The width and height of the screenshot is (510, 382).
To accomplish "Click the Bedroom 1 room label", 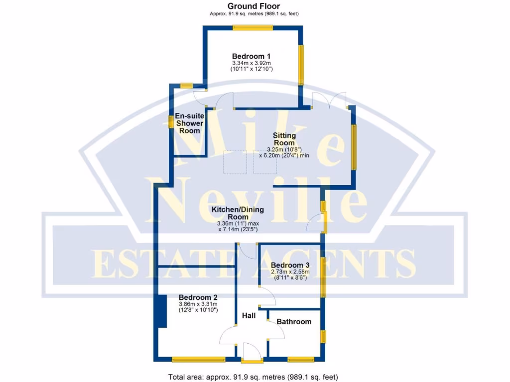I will click(251, 56).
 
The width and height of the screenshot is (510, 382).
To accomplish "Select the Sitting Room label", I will click(284, 139).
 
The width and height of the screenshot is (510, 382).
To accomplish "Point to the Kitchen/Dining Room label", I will click(238, 213).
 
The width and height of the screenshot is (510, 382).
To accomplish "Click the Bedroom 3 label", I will click(290, 265).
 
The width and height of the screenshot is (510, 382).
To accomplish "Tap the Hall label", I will click(249, 316).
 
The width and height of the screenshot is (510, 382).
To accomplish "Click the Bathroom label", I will click(294, 322).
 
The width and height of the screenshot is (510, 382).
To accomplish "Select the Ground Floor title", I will click(254, 6).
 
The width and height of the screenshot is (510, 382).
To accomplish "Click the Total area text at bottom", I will click(254, 377).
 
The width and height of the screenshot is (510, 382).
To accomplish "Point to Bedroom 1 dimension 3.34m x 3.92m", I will click(251, 64).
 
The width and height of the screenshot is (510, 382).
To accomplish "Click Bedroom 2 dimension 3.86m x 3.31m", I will click(198, 303).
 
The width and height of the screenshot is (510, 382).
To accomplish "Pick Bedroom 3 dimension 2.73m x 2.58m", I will click(290, 272).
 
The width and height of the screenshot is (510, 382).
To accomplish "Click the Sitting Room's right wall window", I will click(354, 147).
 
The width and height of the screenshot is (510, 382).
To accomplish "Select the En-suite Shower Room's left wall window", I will click(171, 121).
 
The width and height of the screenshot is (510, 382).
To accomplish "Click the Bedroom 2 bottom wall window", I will click(198, 359).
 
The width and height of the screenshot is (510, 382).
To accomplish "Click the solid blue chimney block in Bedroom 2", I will click(161, 311).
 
